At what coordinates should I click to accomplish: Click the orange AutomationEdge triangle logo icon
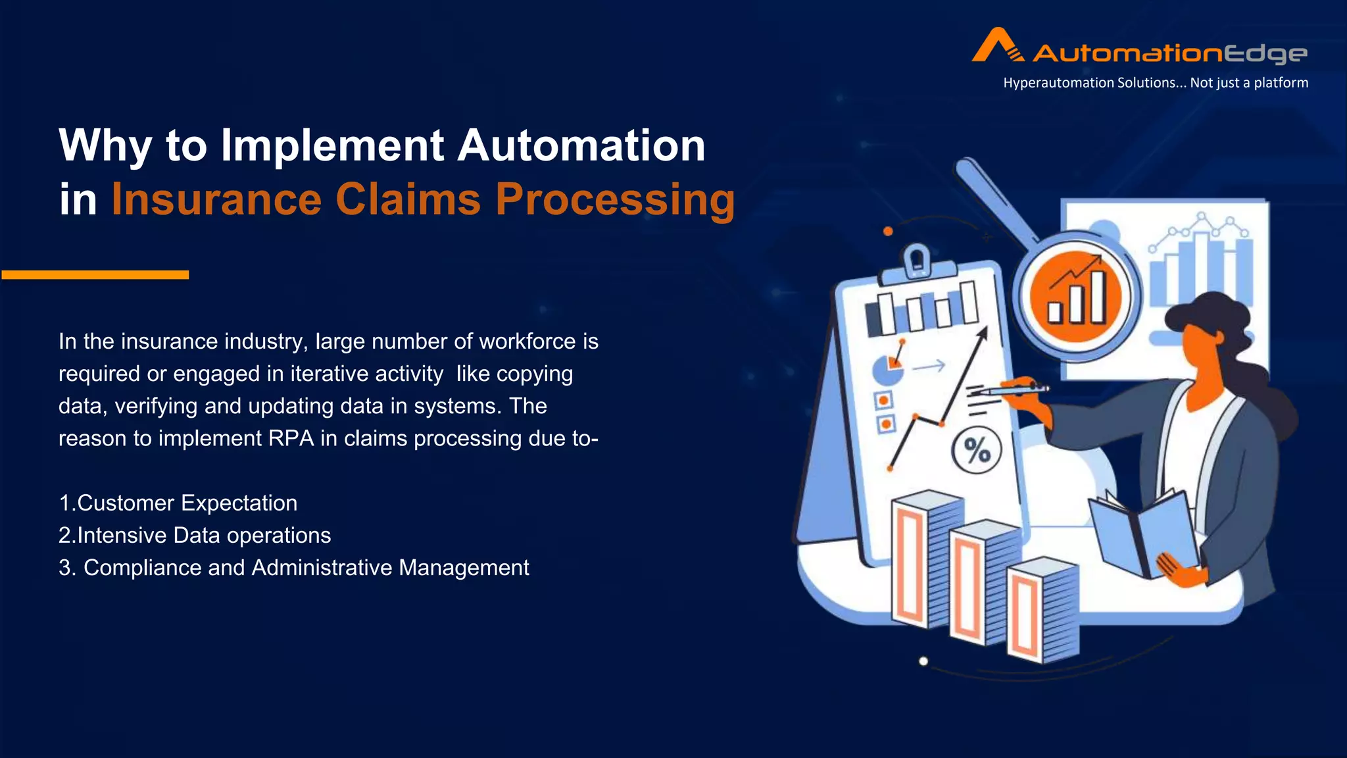point(997,45)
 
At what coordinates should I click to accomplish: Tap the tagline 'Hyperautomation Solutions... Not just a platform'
point(1155,83)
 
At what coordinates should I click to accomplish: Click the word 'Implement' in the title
point(332,145)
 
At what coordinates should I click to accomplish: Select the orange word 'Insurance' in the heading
point(216,199)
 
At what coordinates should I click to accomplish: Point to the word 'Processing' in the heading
point(614,199)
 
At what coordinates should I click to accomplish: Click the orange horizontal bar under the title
point(95,274)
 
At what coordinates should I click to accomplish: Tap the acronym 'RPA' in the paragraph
point(291,438)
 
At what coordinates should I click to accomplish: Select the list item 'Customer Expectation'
point(187,503)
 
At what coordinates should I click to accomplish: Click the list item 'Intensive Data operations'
point(203,536)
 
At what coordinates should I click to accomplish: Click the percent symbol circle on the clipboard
point(977,451)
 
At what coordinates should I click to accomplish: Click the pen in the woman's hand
point(1014,390)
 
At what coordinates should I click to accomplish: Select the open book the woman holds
point(1144,533)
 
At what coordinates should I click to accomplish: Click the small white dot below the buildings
point(923,661)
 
